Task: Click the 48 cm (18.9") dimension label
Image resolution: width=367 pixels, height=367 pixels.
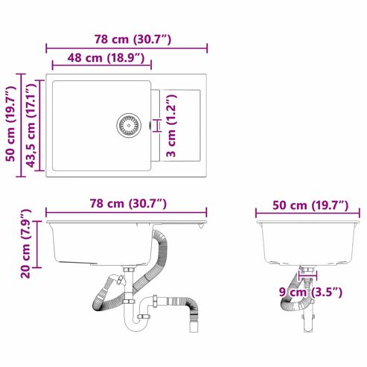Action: [x=106, y=58]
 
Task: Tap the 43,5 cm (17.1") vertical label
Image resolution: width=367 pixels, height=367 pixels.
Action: [x=31, y=125]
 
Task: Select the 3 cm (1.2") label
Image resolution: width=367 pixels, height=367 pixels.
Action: [x=171, y=126]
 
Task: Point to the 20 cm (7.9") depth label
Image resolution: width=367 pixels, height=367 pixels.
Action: [x=26, y=243]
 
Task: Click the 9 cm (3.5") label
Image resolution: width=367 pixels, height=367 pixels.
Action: [x=310, y=292]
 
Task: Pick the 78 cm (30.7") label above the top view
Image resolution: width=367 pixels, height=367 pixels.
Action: [x=133, y=39]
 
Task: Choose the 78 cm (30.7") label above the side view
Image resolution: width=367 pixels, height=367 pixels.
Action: [x=128, y=204]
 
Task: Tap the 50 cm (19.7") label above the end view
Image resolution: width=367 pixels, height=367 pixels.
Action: [x=310, y=205]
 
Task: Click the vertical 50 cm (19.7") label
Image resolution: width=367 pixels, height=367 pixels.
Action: [x=11, y=124]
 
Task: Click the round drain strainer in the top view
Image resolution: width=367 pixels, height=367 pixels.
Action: [x=129, y=125]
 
